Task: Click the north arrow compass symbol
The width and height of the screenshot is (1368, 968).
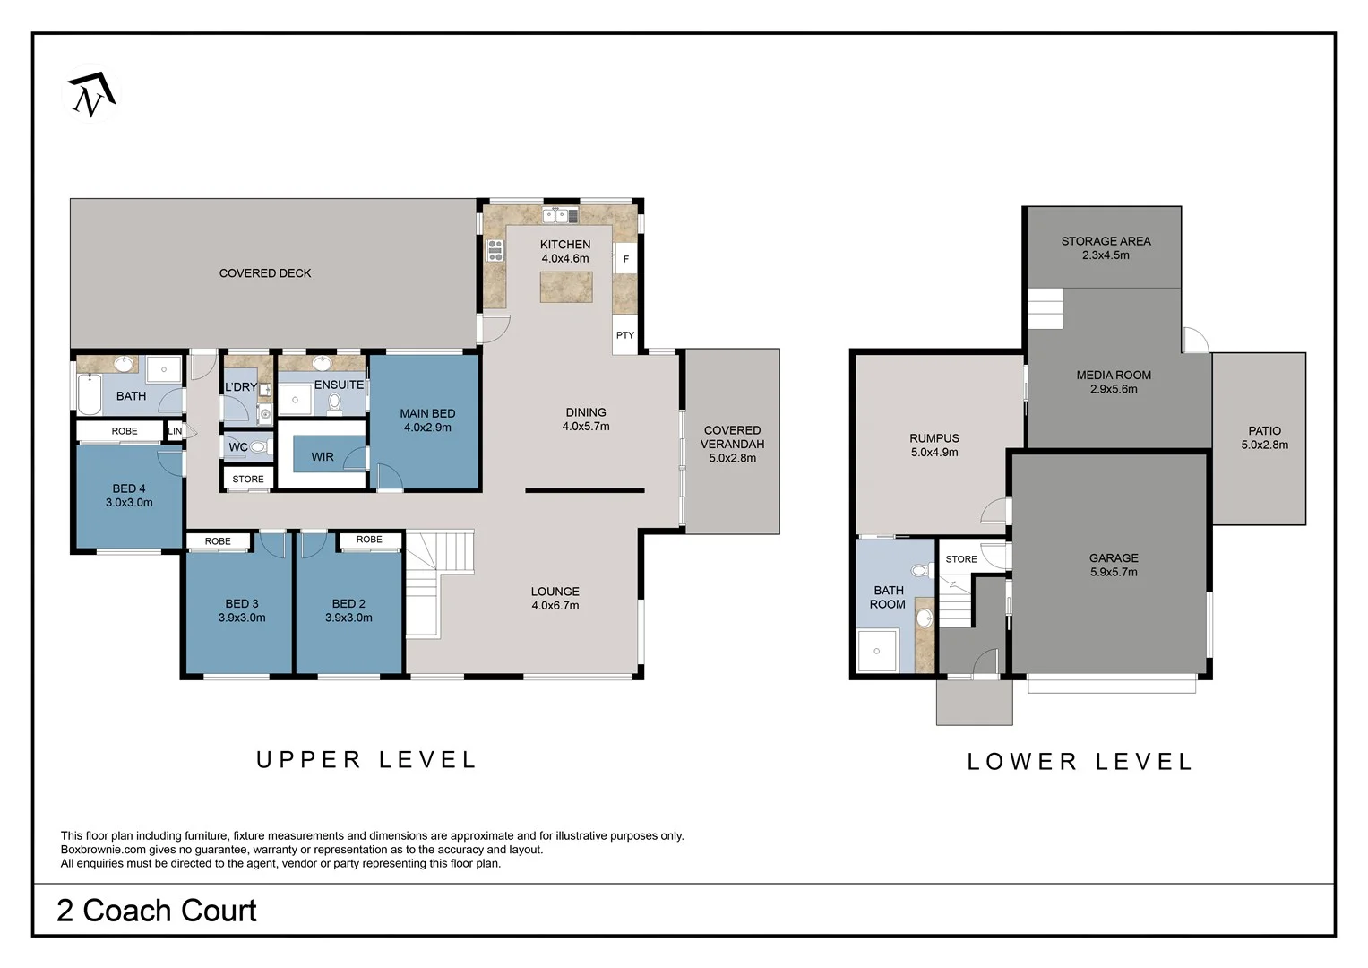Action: pos(91,93)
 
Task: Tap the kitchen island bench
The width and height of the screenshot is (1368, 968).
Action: pos(565,287)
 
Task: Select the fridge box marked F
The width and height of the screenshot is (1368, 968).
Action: pos(625,259)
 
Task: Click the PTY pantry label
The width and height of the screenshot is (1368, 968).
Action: pos(624,335)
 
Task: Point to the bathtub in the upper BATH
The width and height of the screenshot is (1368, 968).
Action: pos(89,395)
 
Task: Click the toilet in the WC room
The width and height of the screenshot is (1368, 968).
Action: pos(258,446)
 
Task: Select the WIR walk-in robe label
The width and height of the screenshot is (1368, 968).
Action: pos(323,457)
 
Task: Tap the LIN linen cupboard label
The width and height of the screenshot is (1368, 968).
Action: pos(175,431)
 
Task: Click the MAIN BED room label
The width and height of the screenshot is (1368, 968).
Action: pos(427,413)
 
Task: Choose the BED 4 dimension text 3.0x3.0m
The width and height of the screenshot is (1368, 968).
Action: pos(129,503)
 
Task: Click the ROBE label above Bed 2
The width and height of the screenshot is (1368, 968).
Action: pos(369,540)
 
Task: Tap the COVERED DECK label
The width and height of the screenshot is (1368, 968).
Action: pos(265,273)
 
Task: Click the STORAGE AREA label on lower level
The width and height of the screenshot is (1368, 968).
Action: pos(1106,241)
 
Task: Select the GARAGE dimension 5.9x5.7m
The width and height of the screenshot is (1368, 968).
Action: pos(1114,572)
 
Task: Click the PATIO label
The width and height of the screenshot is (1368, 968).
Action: pos(1264,431)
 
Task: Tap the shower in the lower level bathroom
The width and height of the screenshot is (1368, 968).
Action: pos(878,650)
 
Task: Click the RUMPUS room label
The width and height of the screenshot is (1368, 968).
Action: pos(934,438)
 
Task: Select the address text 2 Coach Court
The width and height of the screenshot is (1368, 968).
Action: pos(157,911)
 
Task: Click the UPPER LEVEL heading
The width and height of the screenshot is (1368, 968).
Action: pos(366,760)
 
